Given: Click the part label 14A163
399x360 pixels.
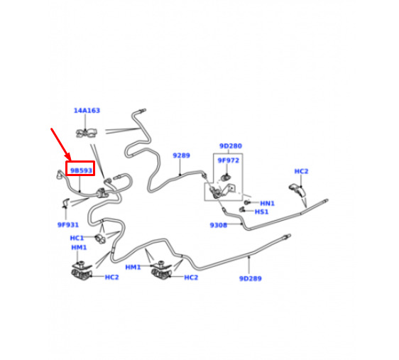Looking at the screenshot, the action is [x=87, y=111].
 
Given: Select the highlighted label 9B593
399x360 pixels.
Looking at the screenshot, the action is [x=81, y=170].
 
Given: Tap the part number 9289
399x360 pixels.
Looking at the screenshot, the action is [x=181, y=156].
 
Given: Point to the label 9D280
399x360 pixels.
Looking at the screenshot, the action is [x=231, y=146].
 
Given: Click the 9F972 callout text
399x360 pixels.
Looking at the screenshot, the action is [x=229, y=160].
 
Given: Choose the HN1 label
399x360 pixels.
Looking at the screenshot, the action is [x=267, y=203].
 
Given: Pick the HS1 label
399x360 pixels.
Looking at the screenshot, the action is [x=261, y=212].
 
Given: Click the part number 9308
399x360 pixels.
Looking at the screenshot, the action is [x=219, y=225].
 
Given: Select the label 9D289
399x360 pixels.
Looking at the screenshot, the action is [x=251, y=278].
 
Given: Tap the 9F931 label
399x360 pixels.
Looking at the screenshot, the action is [x=68, y=225].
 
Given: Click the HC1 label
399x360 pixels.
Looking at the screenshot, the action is [x=77, y=238].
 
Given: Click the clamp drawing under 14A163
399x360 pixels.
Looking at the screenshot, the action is [x=87, y=133].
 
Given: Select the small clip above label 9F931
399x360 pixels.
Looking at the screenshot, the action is [x=66, y=203].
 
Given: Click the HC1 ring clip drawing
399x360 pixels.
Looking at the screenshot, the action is [x=101, y=239].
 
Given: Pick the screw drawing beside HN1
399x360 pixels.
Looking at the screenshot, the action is [x=247, y=202].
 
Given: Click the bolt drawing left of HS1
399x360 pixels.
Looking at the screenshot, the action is [x=242, y=209].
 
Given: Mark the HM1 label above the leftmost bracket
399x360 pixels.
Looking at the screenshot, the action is [x=79, y=248].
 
